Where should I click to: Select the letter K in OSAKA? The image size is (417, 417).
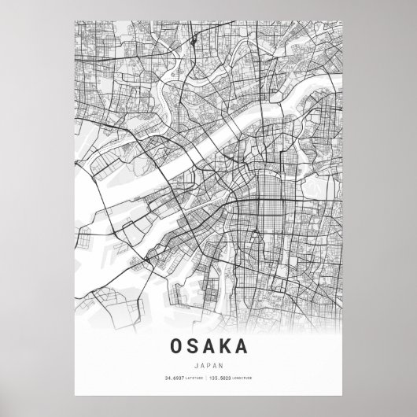tap(227, 345)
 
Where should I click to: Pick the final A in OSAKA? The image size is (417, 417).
tap(247, 345)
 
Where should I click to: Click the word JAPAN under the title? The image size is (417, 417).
tap(208, 364)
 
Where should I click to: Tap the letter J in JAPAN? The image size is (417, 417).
tap(194, 364)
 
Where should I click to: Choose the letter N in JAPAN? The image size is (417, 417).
tap(223, 364)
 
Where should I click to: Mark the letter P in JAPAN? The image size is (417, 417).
tap(208, 364)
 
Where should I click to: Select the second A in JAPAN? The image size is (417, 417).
tap(216, 364)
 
